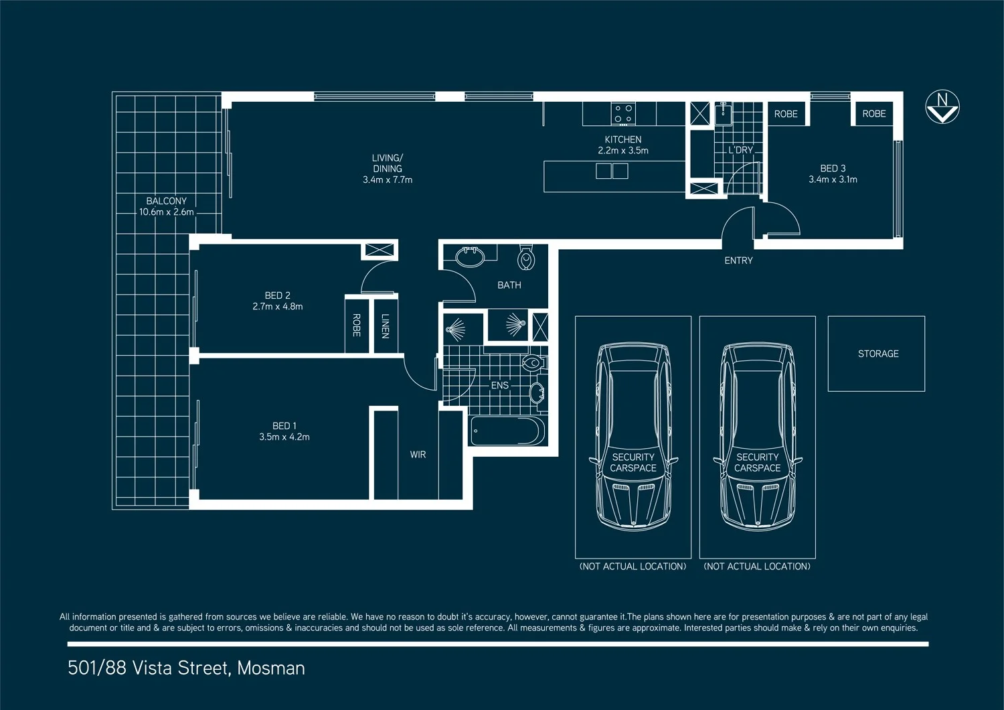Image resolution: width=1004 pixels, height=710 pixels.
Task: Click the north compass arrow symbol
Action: pyautogui.click(x=942, y=108)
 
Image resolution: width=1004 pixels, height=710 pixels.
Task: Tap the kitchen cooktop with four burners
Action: pyautogui.click(x=623, y=114)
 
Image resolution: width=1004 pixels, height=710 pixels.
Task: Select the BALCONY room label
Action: pyautogui.click(x=167, y=201)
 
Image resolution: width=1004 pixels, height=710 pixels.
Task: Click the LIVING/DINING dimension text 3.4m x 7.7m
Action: pyautogui.click(x=388, y=180)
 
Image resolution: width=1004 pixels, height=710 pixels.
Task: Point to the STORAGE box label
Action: pyautogui.click(x=878, y=354)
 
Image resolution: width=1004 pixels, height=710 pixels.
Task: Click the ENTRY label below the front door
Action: pyautogui.click(x=738, y=261)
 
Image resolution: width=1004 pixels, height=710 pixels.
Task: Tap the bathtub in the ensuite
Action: pyautogui.click(x=507, y=431)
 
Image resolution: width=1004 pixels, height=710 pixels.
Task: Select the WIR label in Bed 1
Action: pyautogui.click(x=418, y=455)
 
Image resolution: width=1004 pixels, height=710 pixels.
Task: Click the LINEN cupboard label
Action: pyautogui.click(x=385, y=326)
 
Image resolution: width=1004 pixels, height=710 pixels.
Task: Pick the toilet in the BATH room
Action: pyautogui.click(x=526, y=258)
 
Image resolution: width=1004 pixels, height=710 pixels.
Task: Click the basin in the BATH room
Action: pyautogui.click(x=470, y=257)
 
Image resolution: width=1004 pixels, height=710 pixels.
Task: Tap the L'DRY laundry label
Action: pyautogui.click(x=740, y=150)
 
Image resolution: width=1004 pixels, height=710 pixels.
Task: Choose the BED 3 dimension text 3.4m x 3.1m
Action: pyautogui.click(x=833, y=180)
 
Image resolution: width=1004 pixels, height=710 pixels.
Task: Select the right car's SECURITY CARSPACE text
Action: pyautogui.click(x=757, y=462)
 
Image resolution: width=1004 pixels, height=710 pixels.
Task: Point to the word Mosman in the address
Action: pyautogui.click(x=271, y=668)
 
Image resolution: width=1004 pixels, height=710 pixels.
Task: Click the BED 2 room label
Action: pyautogui.click(x=277, y=295)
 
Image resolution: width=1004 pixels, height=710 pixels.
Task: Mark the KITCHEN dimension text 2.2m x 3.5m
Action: pyautogui.click(x=622, y=151)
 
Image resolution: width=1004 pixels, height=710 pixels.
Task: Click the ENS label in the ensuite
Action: pyautogui.click(x=499, y=386)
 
